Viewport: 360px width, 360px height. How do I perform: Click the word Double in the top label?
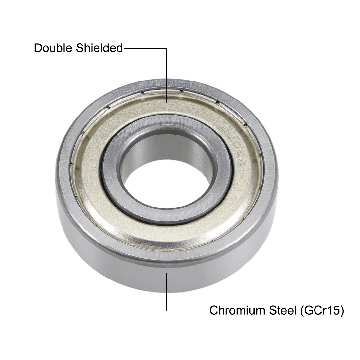[53, 48]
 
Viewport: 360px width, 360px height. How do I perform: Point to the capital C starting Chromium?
[213, 310]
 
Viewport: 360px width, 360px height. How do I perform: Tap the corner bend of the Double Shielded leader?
[167, 48]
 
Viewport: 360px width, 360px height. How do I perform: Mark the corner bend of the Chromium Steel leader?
[167, 310]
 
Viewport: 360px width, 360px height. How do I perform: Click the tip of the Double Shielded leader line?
[167, 103]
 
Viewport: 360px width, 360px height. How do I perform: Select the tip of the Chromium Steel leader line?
[167, 273]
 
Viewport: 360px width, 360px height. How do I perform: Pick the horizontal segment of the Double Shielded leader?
[145, 48]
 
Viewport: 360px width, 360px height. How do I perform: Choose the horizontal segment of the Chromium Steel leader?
[187, 310]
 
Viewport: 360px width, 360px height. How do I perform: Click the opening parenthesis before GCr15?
[302, 310]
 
